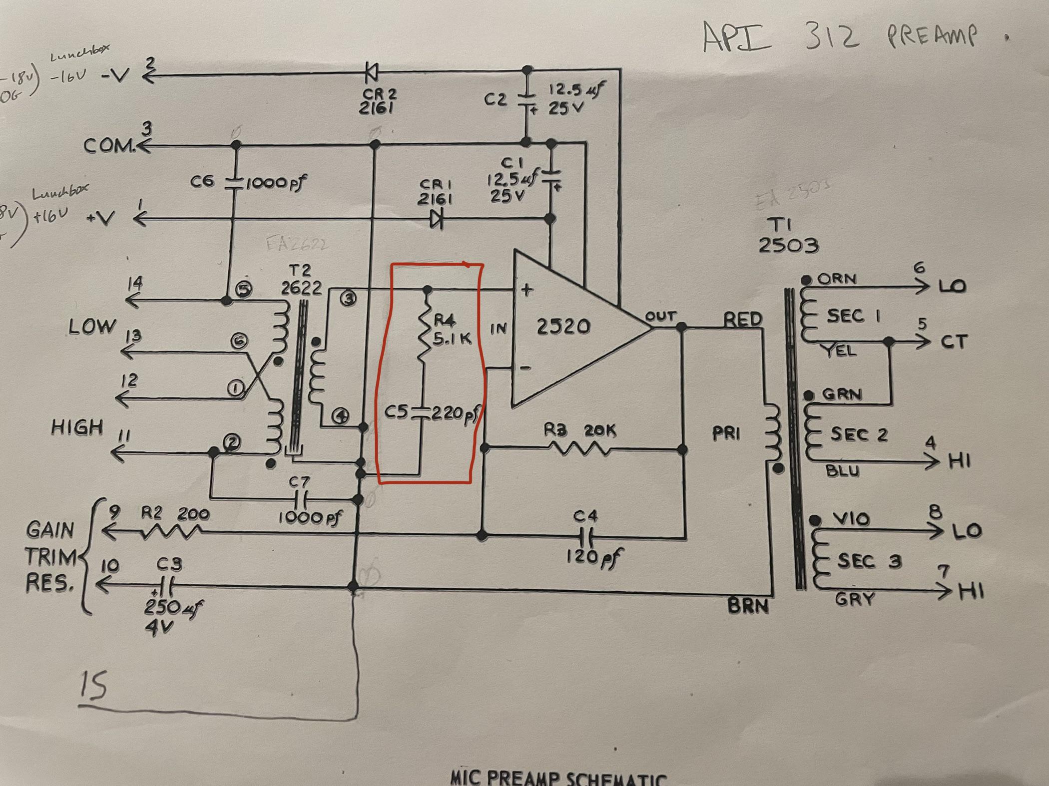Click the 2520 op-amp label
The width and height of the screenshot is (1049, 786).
pyautogui.click(x=563, y=327)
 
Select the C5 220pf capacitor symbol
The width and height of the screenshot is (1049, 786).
pyautogui.click(x=420, y=413)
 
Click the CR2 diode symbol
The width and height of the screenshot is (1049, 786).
pyautogui.click(x=372, y=73)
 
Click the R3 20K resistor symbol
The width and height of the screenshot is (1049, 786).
pyautogui.click(x=579, y=449)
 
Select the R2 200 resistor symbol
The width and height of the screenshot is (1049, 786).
pyautogui.click(x=169, y=534)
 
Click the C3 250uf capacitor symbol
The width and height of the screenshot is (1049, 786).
pyautogui.click(x=166, y=585)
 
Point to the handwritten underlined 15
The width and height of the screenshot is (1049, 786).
pyautogui.click(x=94, y=686)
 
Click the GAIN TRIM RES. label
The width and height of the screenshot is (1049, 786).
pyautogui.click(x=50, y=556)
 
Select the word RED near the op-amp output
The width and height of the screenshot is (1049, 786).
pyautogui.click(x=743, y=319)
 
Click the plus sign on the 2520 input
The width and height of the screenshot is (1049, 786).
pyautogui.click(x=526, y=290)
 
